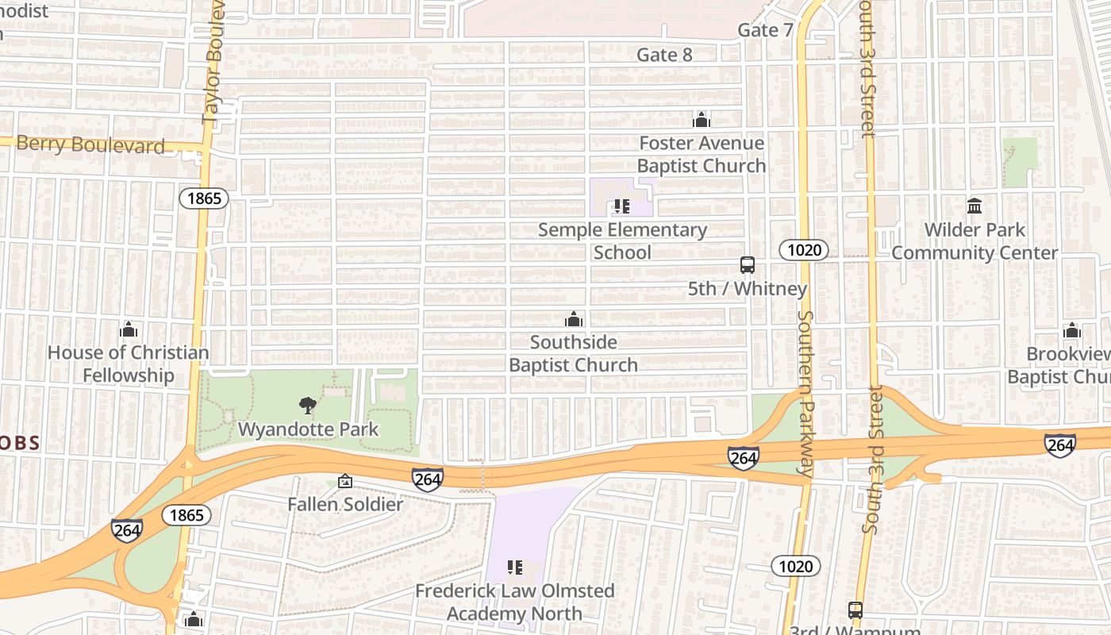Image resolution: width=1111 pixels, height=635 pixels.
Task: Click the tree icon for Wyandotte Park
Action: (x=307, y=406)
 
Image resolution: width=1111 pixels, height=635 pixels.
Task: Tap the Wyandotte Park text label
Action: (x=309, y=429)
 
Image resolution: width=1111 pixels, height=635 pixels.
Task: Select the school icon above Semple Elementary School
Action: (x=622, y=206)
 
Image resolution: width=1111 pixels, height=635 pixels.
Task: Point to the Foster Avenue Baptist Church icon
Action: (x=702, y=120)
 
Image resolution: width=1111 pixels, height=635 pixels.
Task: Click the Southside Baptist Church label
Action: (x=573, y=354)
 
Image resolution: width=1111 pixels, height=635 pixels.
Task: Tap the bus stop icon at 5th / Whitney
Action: (x=747, y=265)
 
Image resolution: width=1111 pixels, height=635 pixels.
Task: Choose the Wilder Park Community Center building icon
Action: (x=975, y=206)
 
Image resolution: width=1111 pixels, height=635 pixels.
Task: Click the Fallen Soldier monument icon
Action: (x=345, y=481)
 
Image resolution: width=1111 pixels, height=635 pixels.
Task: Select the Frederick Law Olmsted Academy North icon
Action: (x=515, y=568)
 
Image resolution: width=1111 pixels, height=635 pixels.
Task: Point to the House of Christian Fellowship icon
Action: (x=129, y=329)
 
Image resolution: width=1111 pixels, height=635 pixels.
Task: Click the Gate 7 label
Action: (x=765, y=30)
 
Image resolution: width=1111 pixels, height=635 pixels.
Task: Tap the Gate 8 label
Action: (x=664, y=55)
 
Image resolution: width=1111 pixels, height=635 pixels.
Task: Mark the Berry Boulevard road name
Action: (x=90, y=144)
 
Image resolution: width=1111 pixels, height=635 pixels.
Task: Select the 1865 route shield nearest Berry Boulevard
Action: (x=204, y=198)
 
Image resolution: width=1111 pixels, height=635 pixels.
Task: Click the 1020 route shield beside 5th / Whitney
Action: (x=803, y=251)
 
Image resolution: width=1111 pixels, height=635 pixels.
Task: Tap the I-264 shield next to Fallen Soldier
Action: (x=427, y=479)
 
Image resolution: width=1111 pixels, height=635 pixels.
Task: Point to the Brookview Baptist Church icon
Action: (x=1072, y=330)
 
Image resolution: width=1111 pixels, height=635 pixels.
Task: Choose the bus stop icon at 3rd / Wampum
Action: (x=855, y=610)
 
